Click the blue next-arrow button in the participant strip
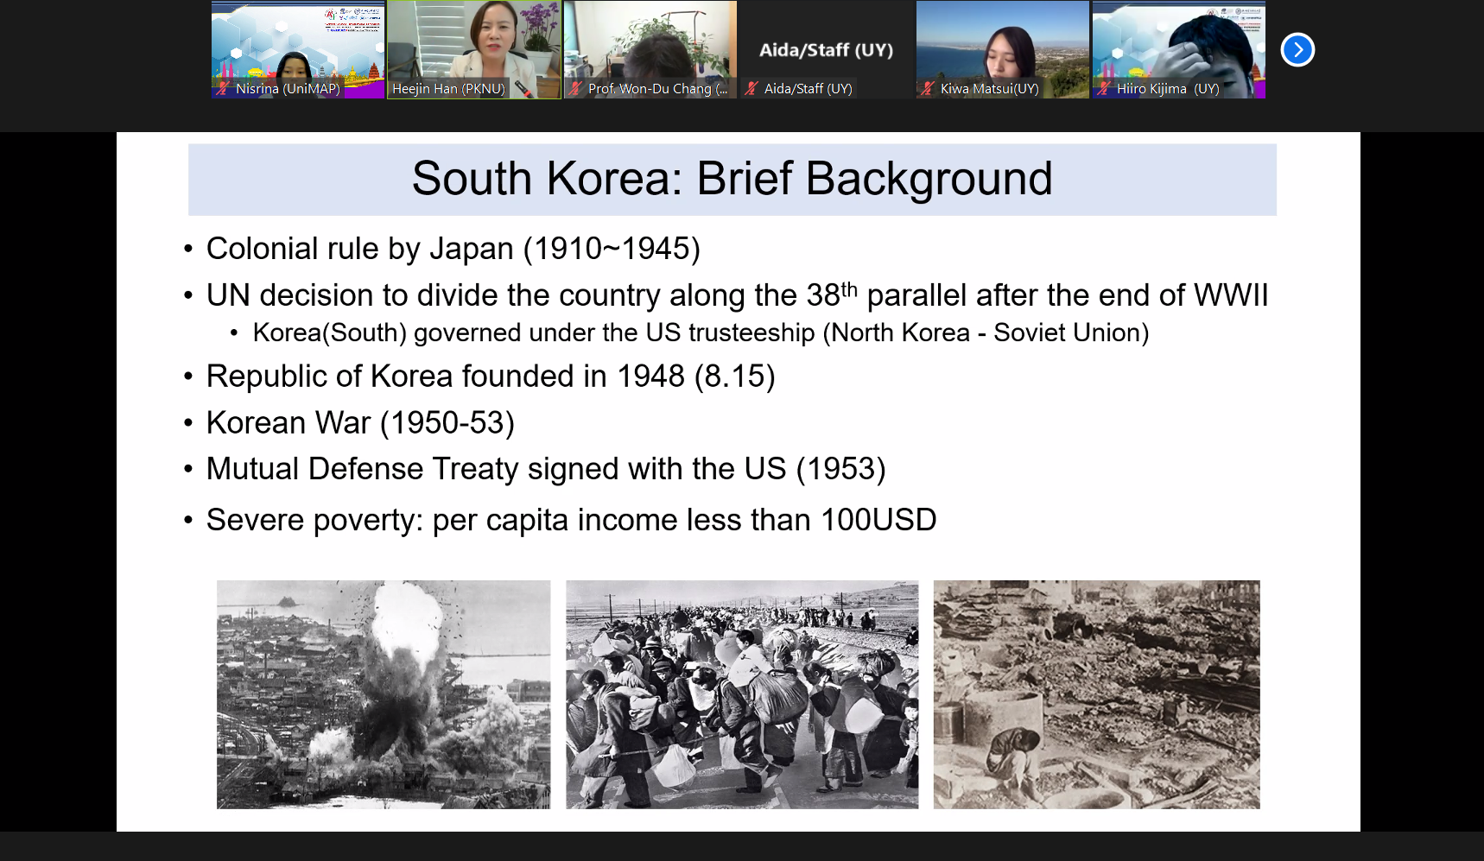point(1297,49)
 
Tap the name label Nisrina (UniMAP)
point(288,88)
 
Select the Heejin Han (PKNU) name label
point(448,88)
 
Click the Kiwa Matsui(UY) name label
point(989,88)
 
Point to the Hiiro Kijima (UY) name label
point(1168,88)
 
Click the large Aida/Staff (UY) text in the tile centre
point(826,50)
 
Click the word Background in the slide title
point(929,180)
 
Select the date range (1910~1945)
point(612,249)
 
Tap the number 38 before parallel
point(823,295)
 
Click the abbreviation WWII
point(1231,295)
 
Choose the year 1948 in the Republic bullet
point(650,377)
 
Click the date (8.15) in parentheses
point(735,377)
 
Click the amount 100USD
point(878,520)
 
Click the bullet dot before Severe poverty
point(188,521)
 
